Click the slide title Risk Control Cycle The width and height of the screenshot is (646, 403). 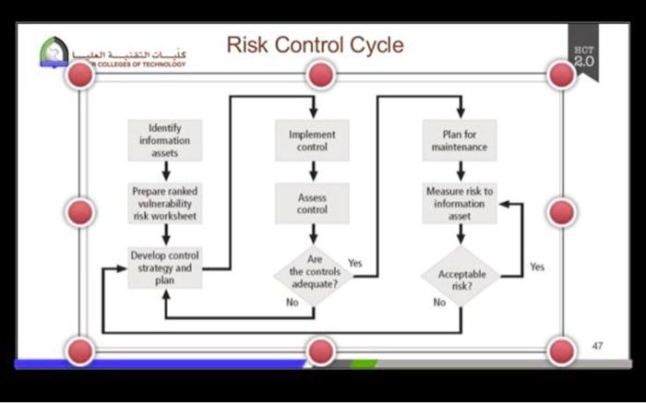coord(315,45)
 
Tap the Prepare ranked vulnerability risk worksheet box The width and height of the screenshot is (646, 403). coord(164,203)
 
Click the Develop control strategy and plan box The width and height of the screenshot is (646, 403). coord(164,267)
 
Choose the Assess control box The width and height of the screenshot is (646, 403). coord(313,203)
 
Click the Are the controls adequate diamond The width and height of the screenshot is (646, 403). coord(313,272)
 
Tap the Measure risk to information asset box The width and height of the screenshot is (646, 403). coord(460,203)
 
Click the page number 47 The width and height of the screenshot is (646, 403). coord(597,345)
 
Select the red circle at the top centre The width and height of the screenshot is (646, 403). coord(320,75)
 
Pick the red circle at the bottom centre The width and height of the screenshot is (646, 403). coord(320,350)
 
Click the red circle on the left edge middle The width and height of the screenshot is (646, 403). coord(81,212)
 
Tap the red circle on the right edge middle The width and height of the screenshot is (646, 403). coord(560,212)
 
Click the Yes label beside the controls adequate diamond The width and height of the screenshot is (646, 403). coord(355,263)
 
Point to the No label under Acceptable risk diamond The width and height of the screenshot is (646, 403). coord(439,302)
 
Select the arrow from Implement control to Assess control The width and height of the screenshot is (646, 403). coord(313,172)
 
